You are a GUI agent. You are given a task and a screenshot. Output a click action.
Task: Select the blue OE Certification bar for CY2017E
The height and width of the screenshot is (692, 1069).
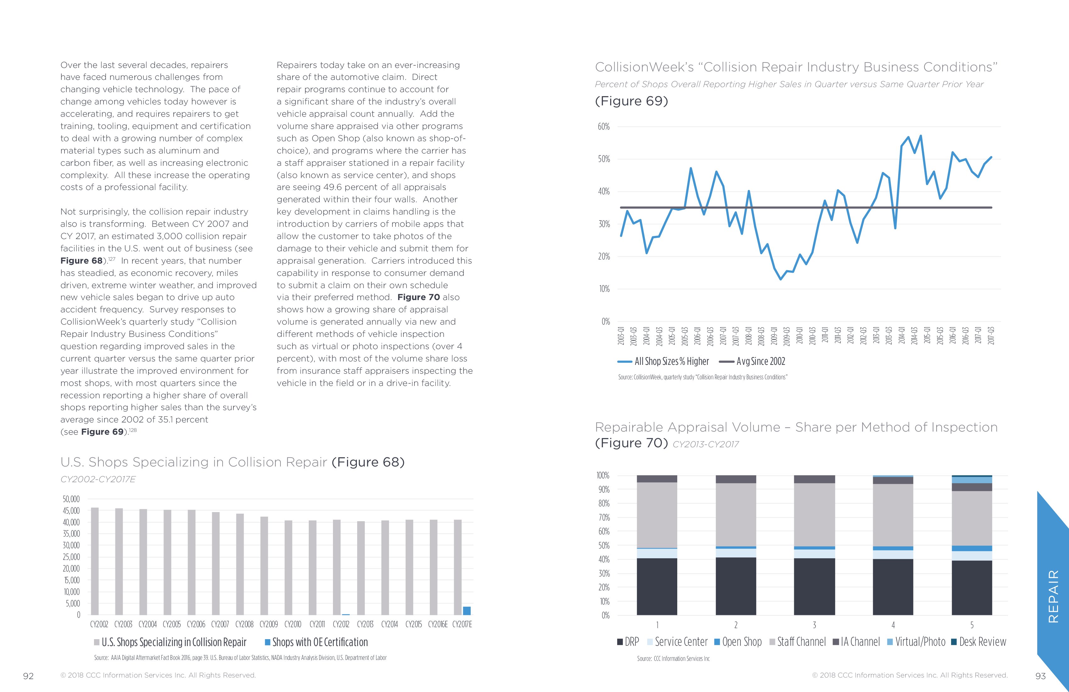click(467, 611)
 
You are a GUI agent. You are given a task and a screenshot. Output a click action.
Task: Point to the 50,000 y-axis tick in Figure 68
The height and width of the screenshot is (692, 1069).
click(71, 499)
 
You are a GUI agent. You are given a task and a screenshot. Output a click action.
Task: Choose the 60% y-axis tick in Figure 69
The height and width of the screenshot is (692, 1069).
click(603, 127)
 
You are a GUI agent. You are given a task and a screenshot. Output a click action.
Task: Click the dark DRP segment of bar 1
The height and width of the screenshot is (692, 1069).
click(657, 586)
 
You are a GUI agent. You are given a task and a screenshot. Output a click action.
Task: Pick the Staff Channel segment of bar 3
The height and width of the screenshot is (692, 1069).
click(814, 515)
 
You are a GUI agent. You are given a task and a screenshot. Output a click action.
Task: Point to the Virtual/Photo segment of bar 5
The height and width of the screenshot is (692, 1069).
click(972, 480)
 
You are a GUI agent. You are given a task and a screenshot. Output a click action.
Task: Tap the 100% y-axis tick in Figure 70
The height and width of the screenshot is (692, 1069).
click(602, 475)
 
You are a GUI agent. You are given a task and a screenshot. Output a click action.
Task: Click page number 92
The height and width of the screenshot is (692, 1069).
click(28, 676)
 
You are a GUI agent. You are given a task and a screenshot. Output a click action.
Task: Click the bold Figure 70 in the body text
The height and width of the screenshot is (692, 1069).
click(418, 297)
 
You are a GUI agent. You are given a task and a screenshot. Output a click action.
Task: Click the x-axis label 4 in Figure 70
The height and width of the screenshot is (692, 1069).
click(893, 625)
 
